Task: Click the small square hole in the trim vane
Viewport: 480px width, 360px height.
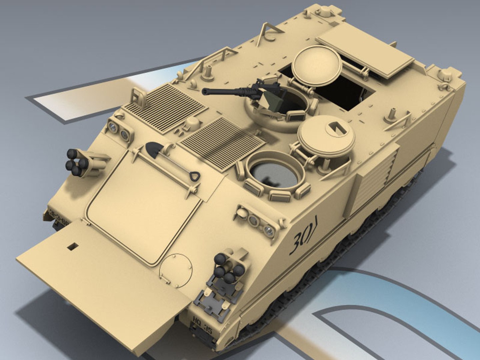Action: [x=72, y=246]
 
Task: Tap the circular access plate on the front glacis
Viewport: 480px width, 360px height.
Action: [x=176, y=270]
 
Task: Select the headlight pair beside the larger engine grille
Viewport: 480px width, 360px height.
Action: [x=119, y=130]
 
